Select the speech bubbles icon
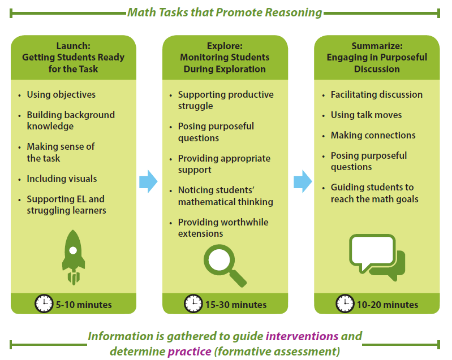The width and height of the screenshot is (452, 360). tap(377, 258)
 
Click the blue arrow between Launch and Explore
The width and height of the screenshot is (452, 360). tap(149, 181)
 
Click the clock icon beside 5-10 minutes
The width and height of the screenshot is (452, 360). tap(44, 304)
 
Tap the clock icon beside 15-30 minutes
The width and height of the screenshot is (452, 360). tap(193, 304)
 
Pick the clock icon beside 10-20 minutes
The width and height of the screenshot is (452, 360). tap(345, 304)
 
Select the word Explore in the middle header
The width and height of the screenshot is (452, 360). tap(224, 46)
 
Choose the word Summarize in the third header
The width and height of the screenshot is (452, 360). tap(376, 46)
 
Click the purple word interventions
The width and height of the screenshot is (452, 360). tap(302, 336)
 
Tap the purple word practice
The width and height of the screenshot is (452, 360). tap(190, 352)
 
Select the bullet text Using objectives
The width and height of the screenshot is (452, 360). tap(61, 94)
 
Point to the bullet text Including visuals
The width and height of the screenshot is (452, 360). tap(62, 179)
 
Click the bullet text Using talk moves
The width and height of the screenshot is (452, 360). tap(366, 115)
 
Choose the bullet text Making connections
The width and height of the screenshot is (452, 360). tap(373, 135)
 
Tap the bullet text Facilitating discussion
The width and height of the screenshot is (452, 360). tap(376, 94)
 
